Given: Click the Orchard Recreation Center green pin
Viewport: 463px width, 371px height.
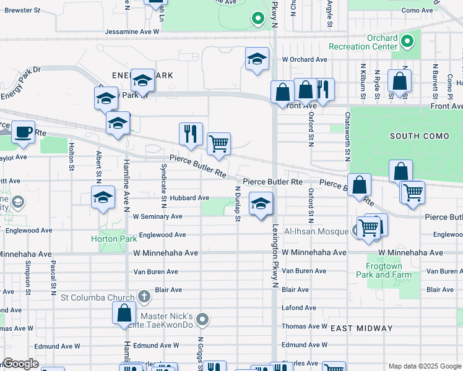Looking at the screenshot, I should coord(407,42).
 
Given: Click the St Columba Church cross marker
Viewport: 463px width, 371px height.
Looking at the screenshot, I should coord(144,297).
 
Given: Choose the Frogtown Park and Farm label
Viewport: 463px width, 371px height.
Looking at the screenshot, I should coord(384,270).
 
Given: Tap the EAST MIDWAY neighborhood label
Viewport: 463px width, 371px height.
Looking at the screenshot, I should coord(361,328).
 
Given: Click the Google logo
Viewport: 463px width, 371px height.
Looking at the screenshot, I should coord(20,364).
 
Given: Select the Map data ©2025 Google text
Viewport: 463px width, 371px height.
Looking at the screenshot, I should coord(424,366).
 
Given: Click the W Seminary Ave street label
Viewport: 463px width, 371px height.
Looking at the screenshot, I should coord(157,216).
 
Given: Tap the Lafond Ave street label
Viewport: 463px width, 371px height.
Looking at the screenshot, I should coord(298,307).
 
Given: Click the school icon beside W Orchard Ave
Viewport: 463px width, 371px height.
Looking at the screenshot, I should coord(257,59).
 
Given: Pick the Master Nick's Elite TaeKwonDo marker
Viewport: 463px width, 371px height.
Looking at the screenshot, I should coord(202,320).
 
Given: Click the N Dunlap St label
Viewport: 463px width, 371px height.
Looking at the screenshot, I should coord(237,201).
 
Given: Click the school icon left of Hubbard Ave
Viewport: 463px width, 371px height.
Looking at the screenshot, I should coord(103,198).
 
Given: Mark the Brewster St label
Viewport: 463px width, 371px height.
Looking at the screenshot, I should coord(23,11).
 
